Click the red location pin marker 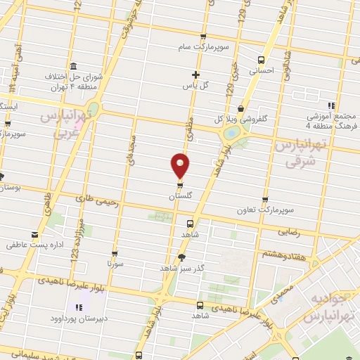[181, 165]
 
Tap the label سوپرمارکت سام [203, 47]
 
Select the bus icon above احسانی [261, 60]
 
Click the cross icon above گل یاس [195, 75]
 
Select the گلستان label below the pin [180, 198]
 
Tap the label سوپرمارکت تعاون [264, 210]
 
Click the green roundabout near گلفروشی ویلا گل [231, 134]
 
